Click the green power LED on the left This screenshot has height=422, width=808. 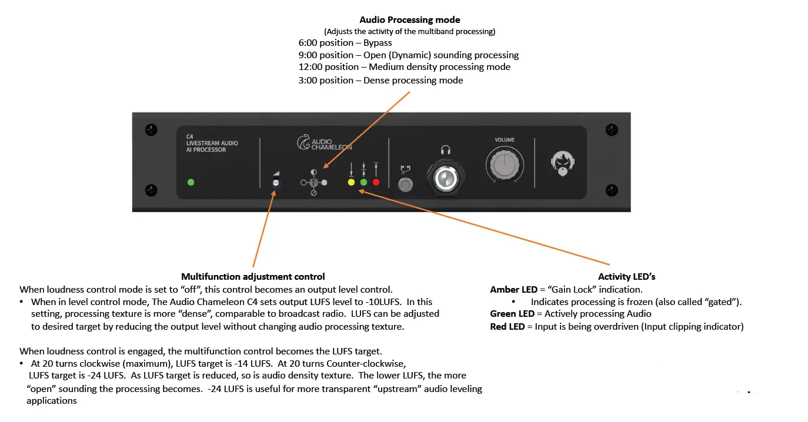click(x=191, y=182)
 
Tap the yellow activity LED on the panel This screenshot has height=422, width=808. click(x=351, y=182)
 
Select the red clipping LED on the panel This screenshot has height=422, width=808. click(x=376, y=182)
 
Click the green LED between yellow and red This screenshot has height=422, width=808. click(x=363, y=182)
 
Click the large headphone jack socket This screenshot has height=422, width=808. click(x=445, y=177)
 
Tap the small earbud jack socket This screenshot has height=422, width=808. click(x=405, y=185)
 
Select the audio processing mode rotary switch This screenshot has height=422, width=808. click(x=313, y=183)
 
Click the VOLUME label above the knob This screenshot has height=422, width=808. click(x=505, y=140)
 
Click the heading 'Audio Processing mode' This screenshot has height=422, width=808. click(x=410, y=21)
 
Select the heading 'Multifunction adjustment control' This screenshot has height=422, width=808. click(x=253, y=276)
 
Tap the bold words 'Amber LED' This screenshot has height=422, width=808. click(x=514, y=289)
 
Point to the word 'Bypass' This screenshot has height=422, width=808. click(x=378, y=43)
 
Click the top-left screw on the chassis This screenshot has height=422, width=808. click(x=151, y=129)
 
